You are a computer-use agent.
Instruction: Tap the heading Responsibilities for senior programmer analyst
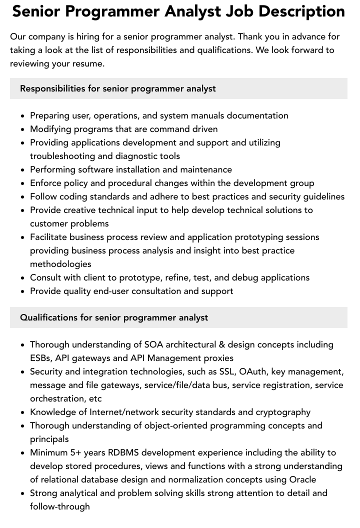118,88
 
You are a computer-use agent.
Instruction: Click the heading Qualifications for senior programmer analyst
114,317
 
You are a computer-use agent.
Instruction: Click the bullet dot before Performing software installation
23,170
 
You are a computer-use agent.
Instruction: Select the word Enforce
46,183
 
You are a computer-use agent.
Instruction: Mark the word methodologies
60,264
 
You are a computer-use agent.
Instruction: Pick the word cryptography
283,412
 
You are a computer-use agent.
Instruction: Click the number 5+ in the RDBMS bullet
77,452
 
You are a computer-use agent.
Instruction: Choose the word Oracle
302,479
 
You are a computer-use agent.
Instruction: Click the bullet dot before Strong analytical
23,493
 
